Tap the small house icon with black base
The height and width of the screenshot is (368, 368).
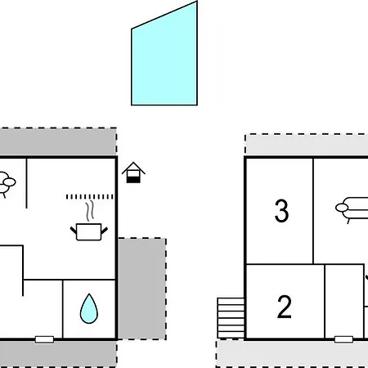click(133, 173)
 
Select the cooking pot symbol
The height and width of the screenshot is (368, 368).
click(89, 231)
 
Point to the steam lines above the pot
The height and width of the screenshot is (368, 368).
click(90, 211)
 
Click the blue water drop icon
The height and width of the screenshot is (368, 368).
click(89, 308)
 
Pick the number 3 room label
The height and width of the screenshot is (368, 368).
click(281, 211)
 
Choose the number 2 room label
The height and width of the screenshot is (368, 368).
click(285, 307)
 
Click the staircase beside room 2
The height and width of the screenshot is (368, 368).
click(231, 318)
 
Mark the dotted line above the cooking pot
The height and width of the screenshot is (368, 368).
click(90, 197)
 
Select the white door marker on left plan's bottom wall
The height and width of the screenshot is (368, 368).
click(44, 339)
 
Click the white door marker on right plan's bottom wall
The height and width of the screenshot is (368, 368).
click(343, 339)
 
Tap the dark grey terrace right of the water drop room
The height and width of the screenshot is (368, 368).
click(142, 289)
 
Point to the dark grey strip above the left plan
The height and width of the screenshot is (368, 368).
click(58, 141)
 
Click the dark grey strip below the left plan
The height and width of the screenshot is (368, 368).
click(58, 354)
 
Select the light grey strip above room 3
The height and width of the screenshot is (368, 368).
click(307, 145)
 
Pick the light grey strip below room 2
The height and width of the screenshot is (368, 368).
click(292, 353)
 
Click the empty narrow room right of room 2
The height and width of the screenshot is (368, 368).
click(344, 300)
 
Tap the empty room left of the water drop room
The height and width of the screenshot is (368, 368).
click(43, 308)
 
